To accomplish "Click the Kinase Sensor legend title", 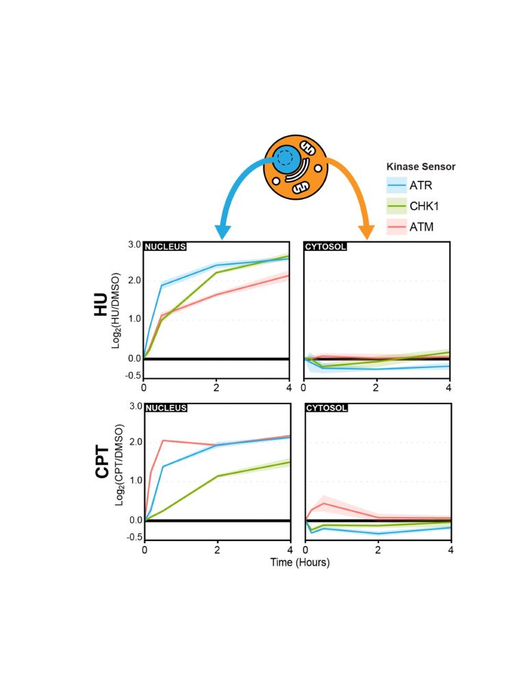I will click(420, 166).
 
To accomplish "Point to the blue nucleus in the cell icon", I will click(288, 159).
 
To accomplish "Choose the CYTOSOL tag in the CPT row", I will click(326, 408).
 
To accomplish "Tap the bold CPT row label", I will click(103, 463).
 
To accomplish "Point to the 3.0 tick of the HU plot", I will click(133, 245).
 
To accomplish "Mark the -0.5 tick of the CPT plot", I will click(133, 537).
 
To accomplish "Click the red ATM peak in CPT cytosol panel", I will click(323, 503).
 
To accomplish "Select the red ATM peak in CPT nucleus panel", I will click(163, 440).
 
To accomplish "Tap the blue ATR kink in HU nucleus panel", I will click(162, 285).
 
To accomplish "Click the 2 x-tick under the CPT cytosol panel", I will click(378, 549).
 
